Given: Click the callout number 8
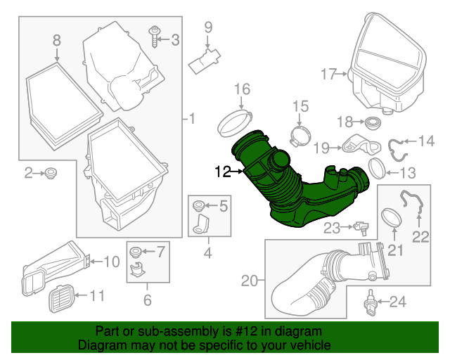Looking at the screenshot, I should pyautogui.click(x=57, y=41).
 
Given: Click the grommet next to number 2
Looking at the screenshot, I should pyautogui.click(x=51, y=173).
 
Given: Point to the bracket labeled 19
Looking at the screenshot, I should pyautogui.click(x=355, y=145).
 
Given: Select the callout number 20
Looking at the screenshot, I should pyautogui.click(x=249, y=281).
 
